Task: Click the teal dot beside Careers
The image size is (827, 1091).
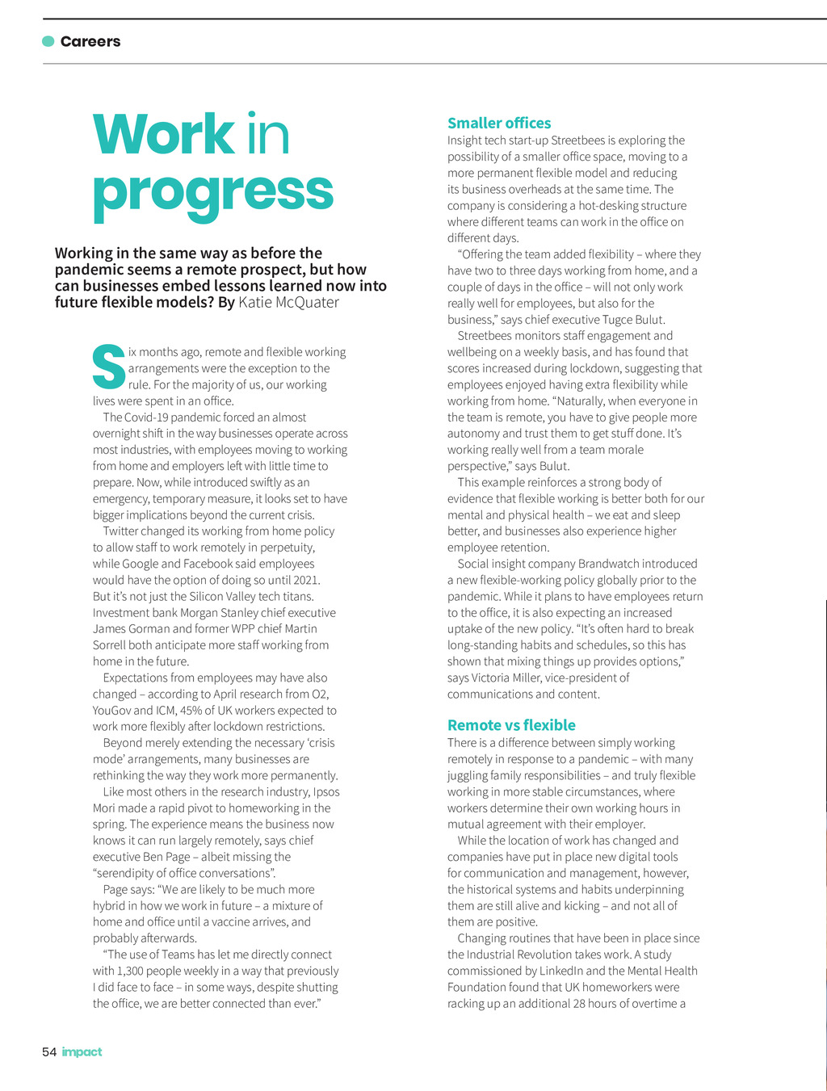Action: tap(48, 41)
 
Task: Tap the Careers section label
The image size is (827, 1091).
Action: tap(90, 42)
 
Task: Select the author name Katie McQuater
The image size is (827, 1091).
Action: tap(288, 303)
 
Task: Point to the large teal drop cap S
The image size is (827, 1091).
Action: tap(108, 367)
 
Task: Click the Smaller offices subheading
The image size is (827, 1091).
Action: tap(499, 123)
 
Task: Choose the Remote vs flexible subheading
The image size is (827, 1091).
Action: tap(511, 725)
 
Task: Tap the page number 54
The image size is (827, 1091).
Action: tap(49, 1051)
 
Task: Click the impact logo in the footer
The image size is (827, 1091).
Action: tap(82, 1051)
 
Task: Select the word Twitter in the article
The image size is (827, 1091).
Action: tap(120, 531)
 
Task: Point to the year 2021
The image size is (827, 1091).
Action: tap(305, 580)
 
